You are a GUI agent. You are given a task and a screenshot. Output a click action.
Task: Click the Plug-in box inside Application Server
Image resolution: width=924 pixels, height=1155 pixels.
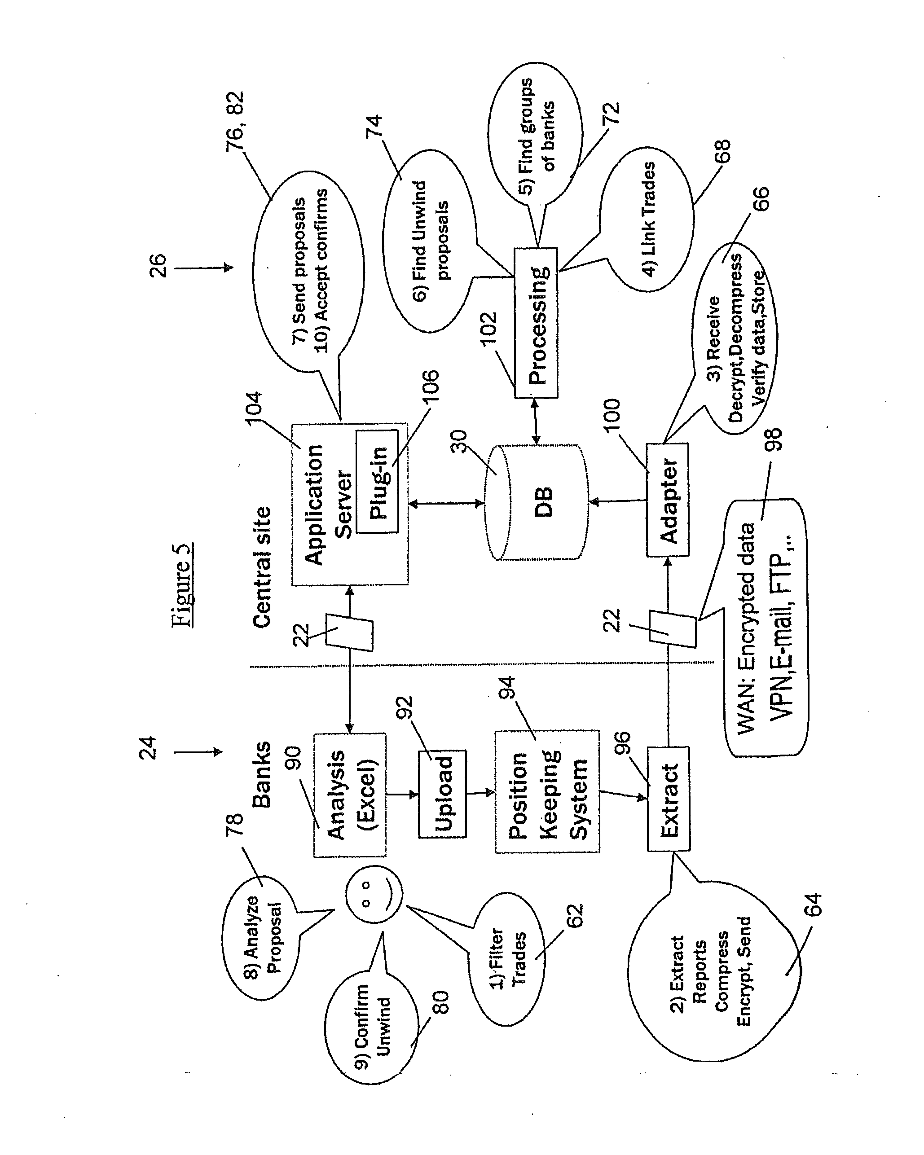(x=377, y=482)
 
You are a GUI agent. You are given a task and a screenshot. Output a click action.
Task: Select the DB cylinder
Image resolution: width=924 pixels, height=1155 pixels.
(x=536, y=502)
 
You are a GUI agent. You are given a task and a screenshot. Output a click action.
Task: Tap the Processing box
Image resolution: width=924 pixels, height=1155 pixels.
(x=536, y=323)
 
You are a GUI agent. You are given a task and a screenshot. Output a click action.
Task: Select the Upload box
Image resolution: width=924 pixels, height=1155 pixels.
(x=443, y=793)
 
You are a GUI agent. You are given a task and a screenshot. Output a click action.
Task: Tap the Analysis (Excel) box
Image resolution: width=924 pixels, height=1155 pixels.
(x=349, y=795)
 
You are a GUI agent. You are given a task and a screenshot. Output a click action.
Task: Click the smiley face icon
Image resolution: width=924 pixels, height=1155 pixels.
(x=374, y=895)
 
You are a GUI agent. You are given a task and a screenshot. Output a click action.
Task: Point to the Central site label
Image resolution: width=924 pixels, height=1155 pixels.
(x=262, y=567)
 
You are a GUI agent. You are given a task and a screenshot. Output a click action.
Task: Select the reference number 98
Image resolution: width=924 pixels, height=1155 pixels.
(x=774, y=440)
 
